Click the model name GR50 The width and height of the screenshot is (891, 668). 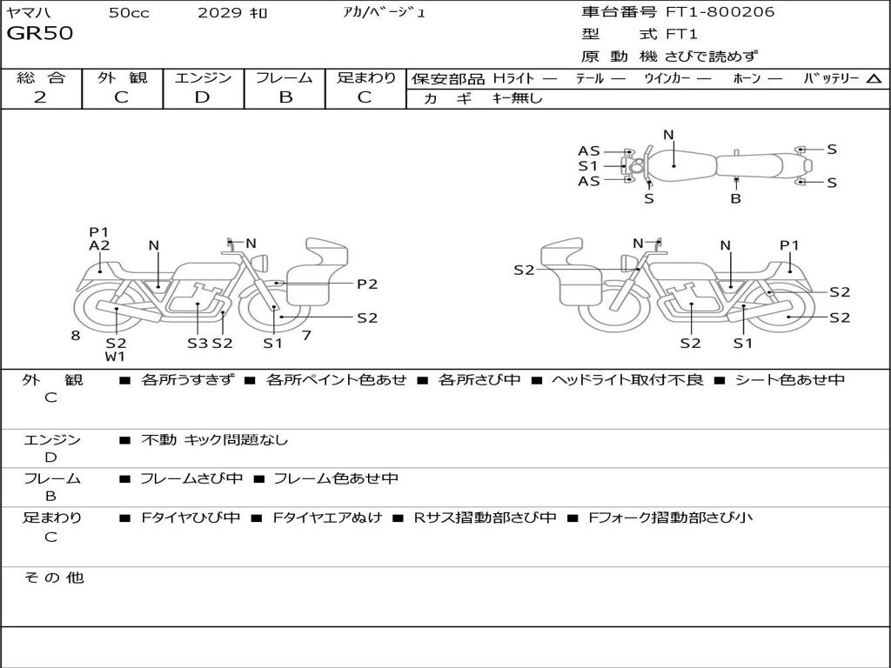tap(40, 34)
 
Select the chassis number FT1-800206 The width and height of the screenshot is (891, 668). tap(720, 12)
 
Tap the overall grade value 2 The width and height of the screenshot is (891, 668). tap(40, 97)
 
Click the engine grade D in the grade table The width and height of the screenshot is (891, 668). tap(202, 97)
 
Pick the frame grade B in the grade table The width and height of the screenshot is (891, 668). tap(285, 97)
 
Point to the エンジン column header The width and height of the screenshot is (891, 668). tap(203, 77)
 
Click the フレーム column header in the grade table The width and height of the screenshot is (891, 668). tap(285, 77)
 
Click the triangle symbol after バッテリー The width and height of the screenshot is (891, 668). tap(874, 78)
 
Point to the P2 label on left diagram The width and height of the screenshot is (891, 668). tap(367, 284)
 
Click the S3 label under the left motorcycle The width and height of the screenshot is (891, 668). tap(198, 343)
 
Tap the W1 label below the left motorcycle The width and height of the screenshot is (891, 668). tap(116, 357)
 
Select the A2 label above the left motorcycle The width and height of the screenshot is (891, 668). tap(99, 246)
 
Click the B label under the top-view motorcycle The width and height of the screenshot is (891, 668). tap(735, 198)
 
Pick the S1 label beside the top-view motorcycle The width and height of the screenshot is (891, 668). tap(588, 165)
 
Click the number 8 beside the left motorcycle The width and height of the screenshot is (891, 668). tap(76, 335)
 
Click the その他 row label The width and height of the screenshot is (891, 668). tap(53, 578)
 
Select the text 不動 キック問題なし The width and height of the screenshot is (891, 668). tap(214, 440)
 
